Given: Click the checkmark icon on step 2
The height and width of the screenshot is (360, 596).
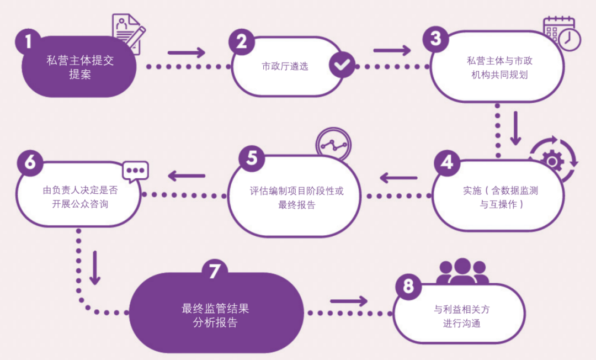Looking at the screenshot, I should (343, 66).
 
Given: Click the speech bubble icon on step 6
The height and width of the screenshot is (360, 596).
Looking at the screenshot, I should (135, 171).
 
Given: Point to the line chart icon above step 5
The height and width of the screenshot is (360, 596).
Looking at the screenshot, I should (333, 145).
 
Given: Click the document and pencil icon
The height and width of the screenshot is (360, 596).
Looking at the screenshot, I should (129, 33).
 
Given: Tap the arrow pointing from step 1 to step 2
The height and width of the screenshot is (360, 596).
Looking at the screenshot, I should (186, 53).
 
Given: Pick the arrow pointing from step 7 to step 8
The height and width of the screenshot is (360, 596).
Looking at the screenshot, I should (349, 301).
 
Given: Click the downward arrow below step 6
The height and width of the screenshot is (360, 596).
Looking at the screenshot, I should (94, 268).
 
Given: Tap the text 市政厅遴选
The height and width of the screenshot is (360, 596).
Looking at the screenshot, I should (285, 67).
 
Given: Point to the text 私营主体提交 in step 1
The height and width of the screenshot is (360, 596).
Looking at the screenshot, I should (80, 61).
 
